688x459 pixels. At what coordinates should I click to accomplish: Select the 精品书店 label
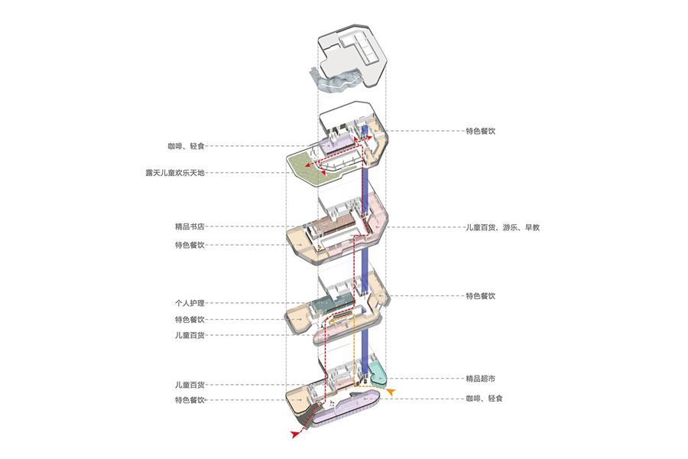(x=190, y=226)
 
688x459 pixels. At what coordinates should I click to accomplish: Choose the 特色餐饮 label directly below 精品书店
(x=190, y=246)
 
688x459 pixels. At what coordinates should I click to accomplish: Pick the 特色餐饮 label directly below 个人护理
(x=190, y=319)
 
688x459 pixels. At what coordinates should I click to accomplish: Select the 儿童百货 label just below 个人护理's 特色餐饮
(x=190, y=336)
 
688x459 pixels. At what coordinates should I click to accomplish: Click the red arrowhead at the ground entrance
(x=296, y=434)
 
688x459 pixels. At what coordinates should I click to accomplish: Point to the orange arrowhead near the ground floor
(x=391, y=392)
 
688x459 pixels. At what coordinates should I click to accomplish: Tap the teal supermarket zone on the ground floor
(x=376, y=374)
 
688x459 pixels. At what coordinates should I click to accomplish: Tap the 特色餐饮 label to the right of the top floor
(x=482, y=131)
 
